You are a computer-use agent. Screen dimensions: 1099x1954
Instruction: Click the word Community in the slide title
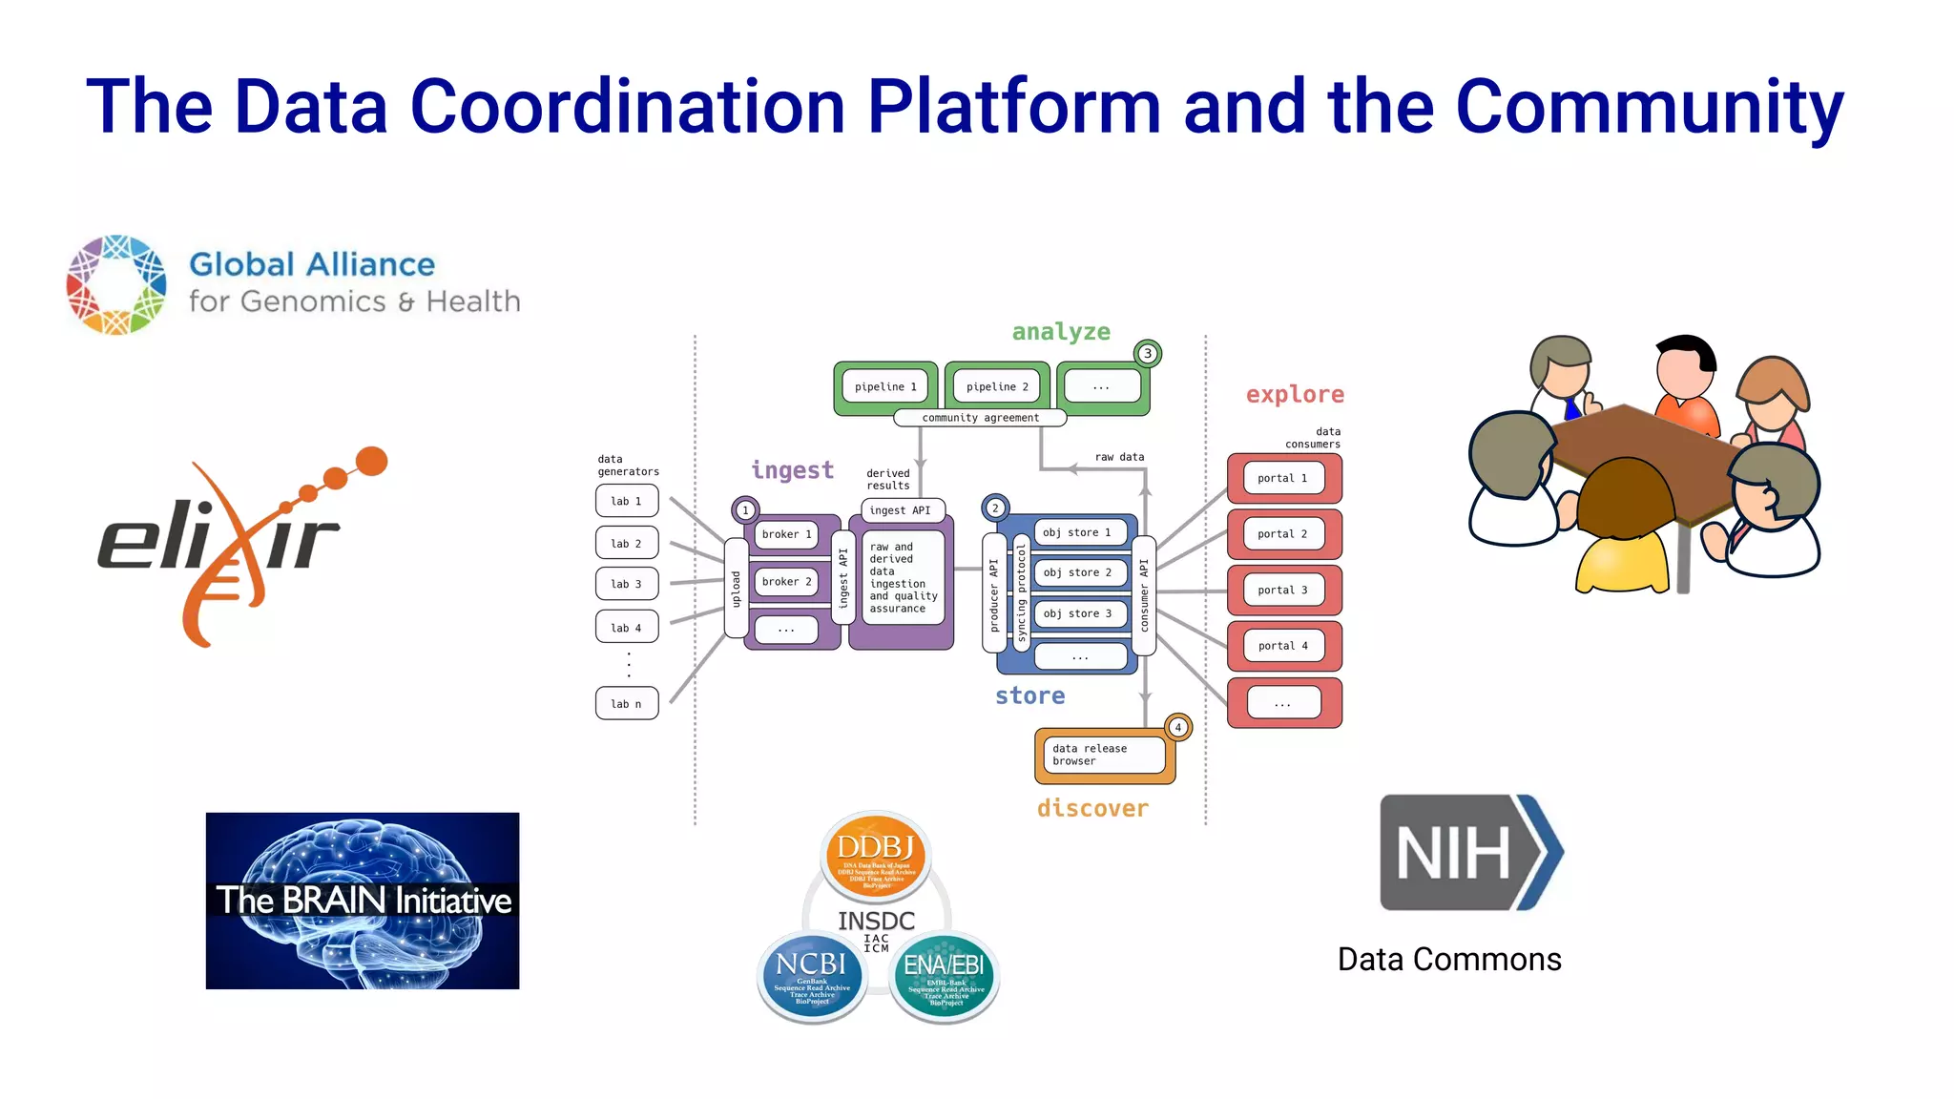(1649, 107)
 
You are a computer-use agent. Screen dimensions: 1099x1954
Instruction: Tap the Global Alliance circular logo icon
(116, 284)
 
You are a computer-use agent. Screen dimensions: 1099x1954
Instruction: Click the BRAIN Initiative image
(363, 901)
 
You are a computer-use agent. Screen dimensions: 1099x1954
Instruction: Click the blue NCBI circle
(811, 975)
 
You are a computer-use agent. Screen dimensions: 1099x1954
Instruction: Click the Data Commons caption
(1448, 959)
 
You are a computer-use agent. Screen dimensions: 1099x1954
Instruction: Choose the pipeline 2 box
(997, 386)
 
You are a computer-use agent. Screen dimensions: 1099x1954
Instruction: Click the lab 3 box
(626, 584)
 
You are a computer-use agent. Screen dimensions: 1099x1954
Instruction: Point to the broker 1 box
(786, 534)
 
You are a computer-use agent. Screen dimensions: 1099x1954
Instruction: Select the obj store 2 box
(1078, 572)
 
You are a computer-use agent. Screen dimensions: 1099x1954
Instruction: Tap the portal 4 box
(1283, 646)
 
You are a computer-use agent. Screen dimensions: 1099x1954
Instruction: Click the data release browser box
(1104, 755)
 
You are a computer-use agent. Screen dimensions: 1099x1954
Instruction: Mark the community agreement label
(980, 418)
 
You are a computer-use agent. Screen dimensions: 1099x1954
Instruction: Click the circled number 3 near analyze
(1148, 354)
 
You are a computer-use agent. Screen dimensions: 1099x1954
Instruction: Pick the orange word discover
(1092, 809)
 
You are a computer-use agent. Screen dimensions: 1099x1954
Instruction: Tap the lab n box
(626, 704)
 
